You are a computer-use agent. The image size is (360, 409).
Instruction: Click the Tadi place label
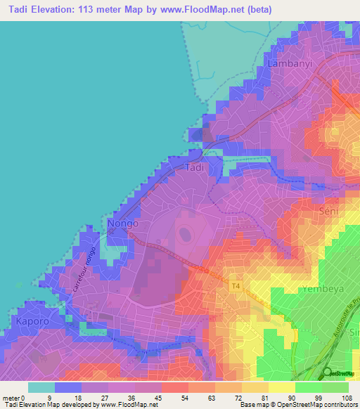point(194,168)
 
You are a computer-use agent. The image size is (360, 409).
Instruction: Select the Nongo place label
point(122,224)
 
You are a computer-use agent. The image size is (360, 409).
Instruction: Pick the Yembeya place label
point(321,289)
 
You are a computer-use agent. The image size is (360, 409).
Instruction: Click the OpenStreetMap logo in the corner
point(327,373)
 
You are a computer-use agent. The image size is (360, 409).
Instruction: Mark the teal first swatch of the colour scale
point(41,387)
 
